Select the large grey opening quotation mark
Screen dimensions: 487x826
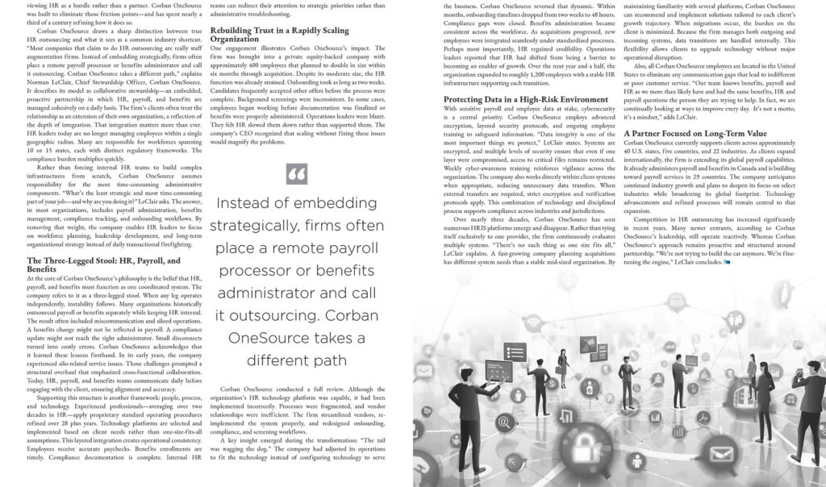[x=296, y=174]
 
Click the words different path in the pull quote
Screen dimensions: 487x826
[x=296, y=360]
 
